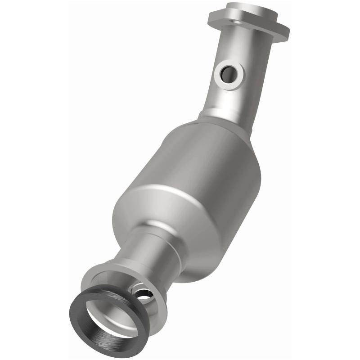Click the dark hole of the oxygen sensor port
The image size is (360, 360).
229,73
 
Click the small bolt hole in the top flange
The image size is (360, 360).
234,21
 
